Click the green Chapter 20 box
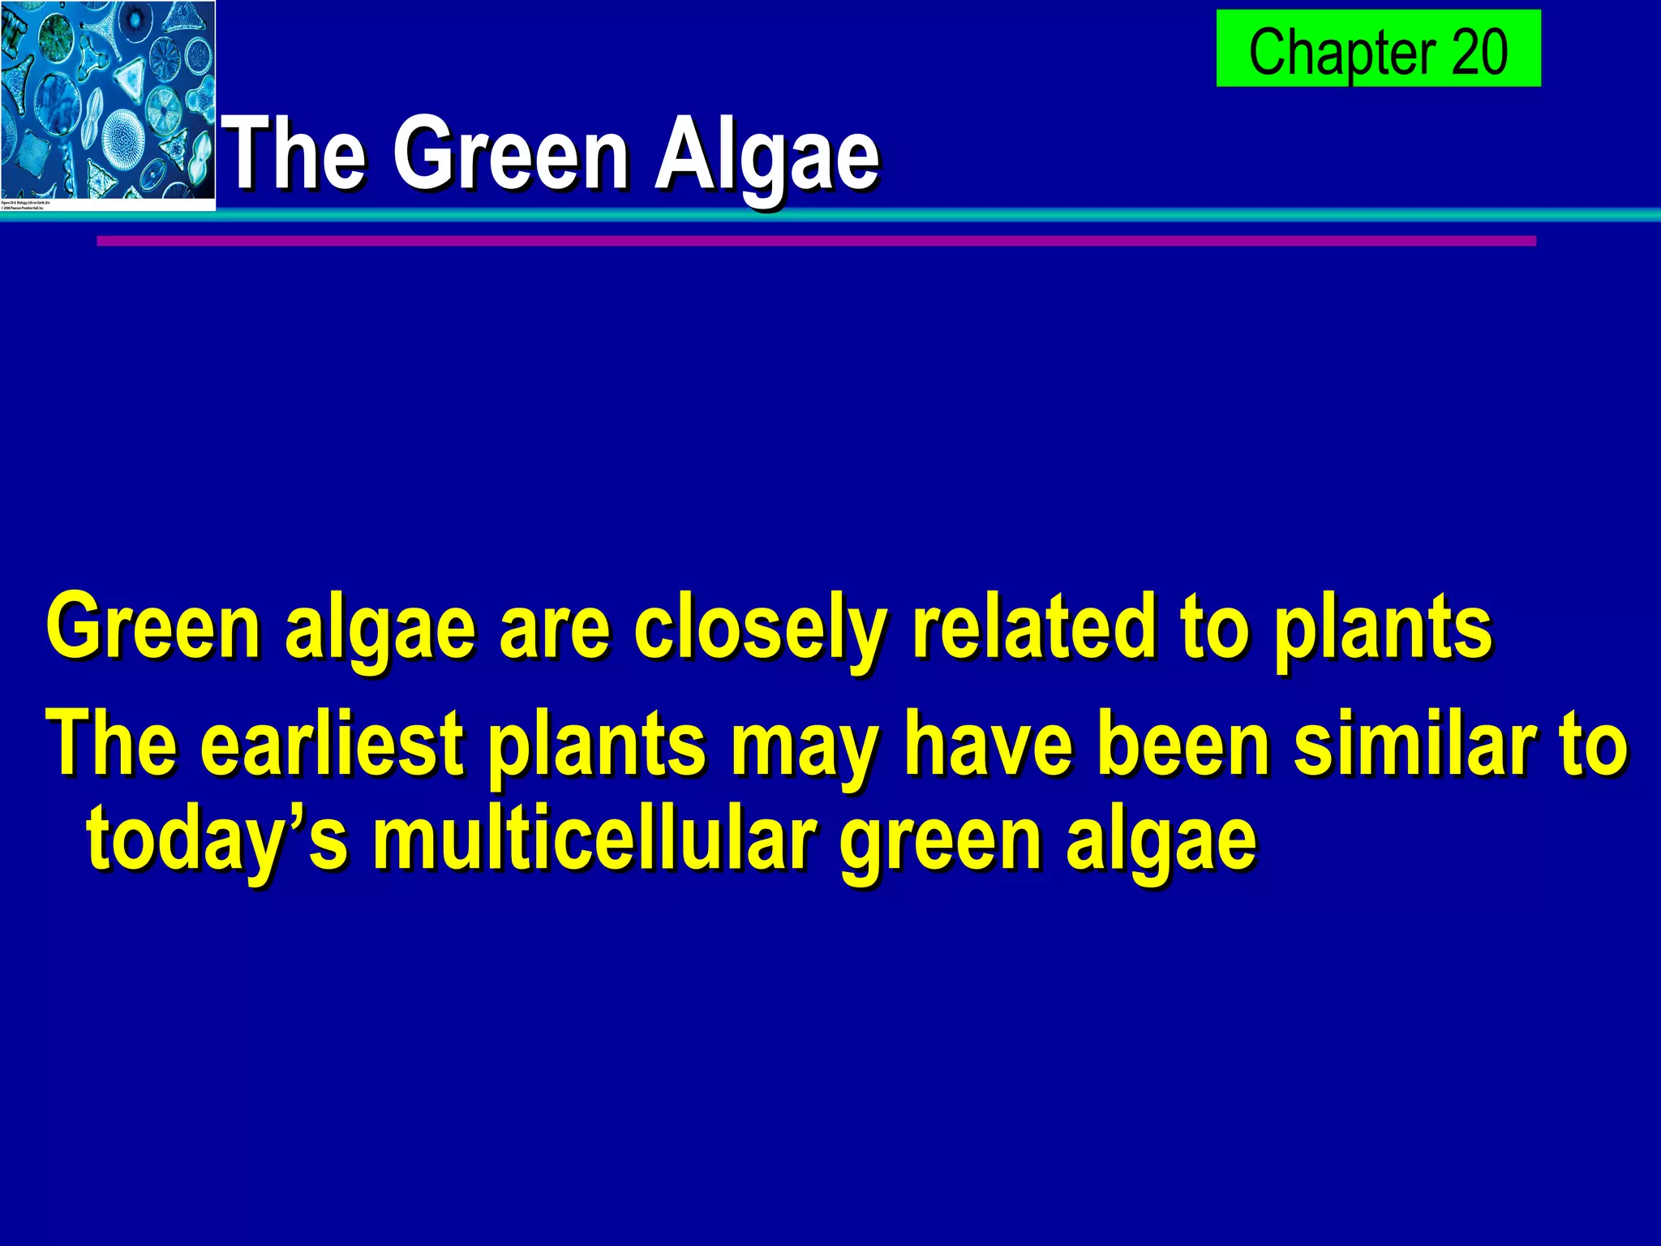coord(1377,49)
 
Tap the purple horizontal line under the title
coord(815,241)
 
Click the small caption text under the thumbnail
coord(26,204)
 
